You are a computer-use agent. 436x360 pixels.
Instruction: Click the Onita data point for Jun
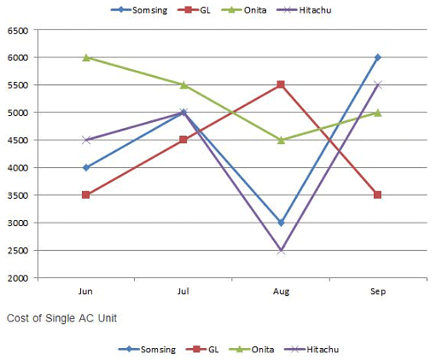(x=86, y=58)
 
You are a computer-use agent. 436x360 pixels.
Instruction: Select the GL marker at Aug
(x=281, y=85)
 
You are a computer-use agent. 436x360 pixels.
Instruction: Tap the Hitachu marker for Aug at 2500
(x=281, y=250)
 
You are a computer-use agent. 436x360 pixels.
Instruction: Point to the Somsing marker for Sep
(x=378, y=58)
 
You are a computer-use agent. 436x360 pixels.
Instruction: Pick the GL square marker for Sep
(x=378, y=195)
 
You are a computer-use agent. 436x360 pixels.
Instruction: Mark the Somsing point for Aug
(x=281, y=223)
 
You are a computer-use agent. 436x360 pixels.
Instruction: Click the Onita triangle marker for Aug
(x=281, y=140)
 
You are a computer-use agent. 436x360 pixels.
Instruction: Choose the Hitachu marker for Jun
(x=86, y=140)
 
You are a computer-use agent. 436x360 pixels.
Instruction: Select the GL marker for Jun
(x=86, y=195)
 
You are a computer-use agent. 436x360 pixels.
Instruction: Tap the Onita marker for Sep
(x=378, y=113)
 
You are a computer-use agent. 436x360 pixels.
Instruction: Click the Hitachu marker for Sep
(x=378, y=85)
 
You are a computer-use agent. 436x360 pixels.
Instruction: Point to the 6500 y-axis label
(x=19, y=31)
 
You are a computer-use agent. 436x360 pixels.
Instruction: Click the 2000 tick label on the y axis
(x=19, y=278)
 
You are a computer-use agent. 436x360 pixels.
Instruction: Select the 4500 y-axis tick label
(x=19, y=141)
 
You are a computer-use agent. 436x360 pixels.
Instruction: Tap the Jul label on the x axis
(x=183, y=292)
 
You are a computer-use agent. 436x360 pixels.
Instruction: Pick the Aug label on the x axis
(x=281, y=292)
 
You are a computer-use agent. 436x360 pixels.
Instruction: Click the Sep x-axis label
(x=378, y=292)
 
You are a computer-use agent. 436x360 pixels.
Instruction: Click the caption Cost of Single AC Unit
(x=61, y=318)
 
